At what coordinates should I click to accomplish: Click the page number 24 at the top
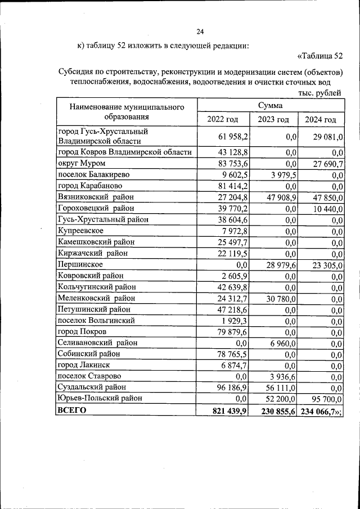(x=200, y=31)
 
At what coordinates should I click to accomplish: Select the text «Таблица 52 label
(x=319, y=56)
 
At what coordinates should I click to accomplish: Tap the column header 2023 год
(x=273, y=119)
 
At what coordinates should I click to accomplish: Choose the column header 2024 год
(x=321, y=119)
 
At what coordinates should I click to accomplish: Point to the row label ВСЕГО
(x=72, y=411)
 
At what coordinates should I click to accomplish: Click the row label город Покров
(x=82, y=331)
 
